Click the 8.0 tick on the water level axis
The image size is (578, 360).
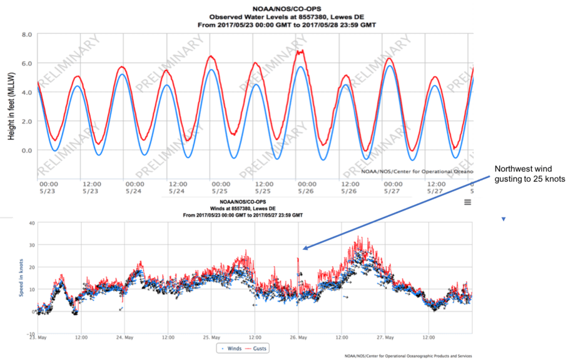[28, 35]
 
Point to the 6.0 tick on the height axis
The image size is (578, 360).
[28, 64]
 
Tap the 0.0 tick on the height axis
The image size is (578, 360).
[28, 151]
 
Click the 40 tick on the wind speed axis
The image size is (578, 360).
[29, 223]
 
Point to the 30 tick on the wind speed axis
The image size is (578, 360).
[29, 246]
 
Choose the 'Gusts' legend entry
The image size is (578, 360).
[256, 348]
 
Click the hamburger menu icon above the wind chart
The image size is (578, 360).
[467, 202]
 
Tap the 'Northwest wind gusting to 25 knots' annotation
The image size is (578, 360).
[530, 174]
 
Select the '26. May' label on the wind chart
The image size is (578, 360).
[298, 338]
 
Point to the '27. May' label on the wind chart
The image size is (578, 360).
[385, 338]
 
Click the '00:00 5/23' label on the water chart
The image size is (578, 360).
[48, 188]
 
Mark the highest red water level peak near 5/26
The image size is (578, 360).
[301, 51]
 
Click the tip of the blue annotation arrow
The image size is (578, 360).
[301, 249]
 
